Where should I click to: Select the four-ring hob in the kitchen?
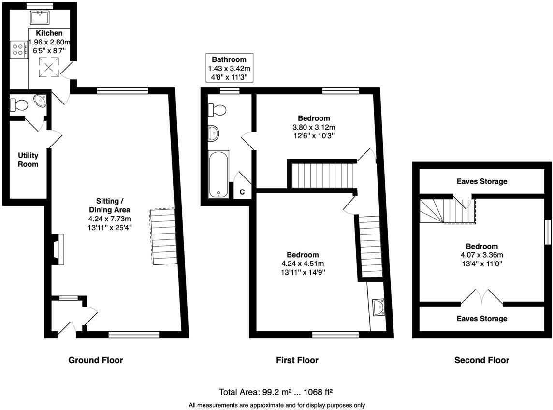[19, 49]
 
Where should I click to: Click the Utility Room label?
[28, 160]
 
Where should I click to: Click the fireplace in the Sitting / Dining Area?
[58, 249]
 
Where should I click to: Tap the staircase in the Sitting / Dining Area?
[163, 236]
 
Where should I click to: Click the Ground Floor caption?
[96, 360]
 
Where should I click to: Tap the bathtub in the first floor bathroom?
[219, 174]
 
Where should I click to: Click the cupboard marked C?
[242, 191]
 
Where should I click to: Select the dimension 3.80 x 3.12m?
[314, 127]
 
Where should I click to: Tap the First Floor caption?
[297, 360]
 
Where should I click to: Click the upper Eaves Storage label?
[481, 181]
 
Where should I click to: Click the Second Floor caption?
[481, 360]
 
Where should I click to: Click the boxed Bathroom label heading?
[229, 59]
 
